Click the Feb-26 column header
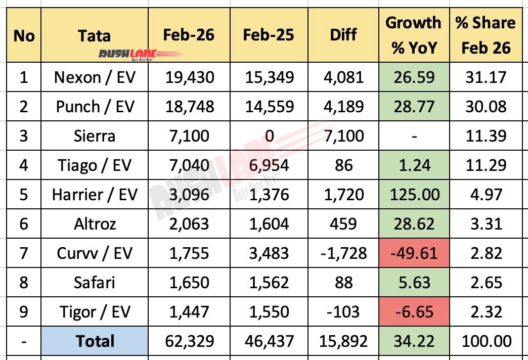(189, 34)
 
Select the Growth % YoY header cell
(413, 35)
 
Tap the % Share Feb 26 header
(486, 35)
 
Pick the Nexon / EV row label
(95, 78)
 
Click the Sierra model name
(95, 136)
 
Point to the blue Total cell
(95, 341)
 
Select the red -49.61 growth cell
(413, 253)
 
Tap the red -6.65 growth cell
(413, 312)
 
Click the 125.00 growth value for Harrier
(413, 195)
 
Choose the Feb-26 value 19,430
(189, 78)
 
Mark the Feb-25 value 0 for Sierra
(268, 136)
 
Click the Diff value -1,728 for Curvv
(343, 253)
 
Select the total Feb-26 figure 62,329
(189, 341)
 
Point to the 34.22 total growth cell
(413, 341)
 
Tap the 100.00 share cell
(486, 341)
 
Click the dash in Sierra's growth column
(413, 136)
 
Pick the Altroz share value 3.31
(486, 224)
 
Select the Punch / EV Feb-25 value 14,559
(268, 107)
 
